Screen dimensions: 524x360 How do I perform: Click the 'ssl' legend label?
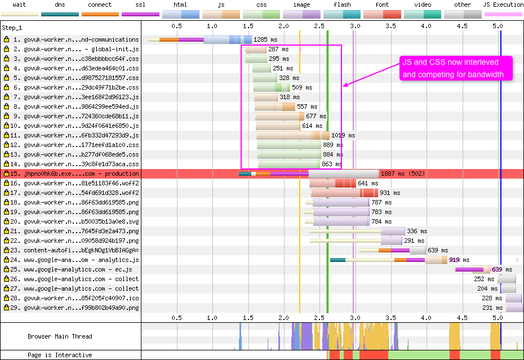(140, 5)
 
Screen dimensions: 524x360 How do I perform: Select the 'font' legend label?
(382, 5)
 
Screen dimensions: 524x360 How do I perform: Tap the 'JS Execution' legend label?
(503, 5)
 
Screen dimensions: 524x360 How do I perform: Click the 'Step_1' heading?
(12, 28)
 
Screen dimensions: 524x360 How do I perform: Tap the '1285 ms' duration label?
(265, 39)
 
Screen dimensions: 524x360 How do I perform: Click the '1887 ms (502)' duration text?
(403, 174)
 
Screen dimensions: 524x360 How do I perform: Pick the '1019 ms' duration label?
(343, 135)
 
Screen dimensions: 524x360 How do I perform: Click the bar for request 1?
(200, 39)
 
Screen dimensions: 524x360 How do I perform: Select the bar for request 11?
(293, 135)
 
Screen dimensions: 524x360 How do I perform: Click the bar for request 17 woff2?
(344, 193)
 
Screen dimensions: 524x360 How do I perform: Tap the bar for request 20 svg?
(337, 221)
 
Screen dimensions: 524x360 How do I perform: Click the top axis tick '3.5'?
(390, 26)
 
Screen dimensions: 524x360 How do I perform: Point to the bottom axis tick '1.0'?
(212, 318)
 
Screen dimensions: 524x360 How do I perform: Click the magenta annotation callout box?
(456, 68)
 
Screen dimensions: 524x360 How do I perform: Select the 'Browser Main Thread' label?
(60, 336)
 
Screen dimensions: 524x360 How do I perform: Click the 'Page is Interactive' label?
(60, 355)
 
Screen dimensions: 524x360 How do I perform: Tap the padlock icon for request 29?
(6, 308)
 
